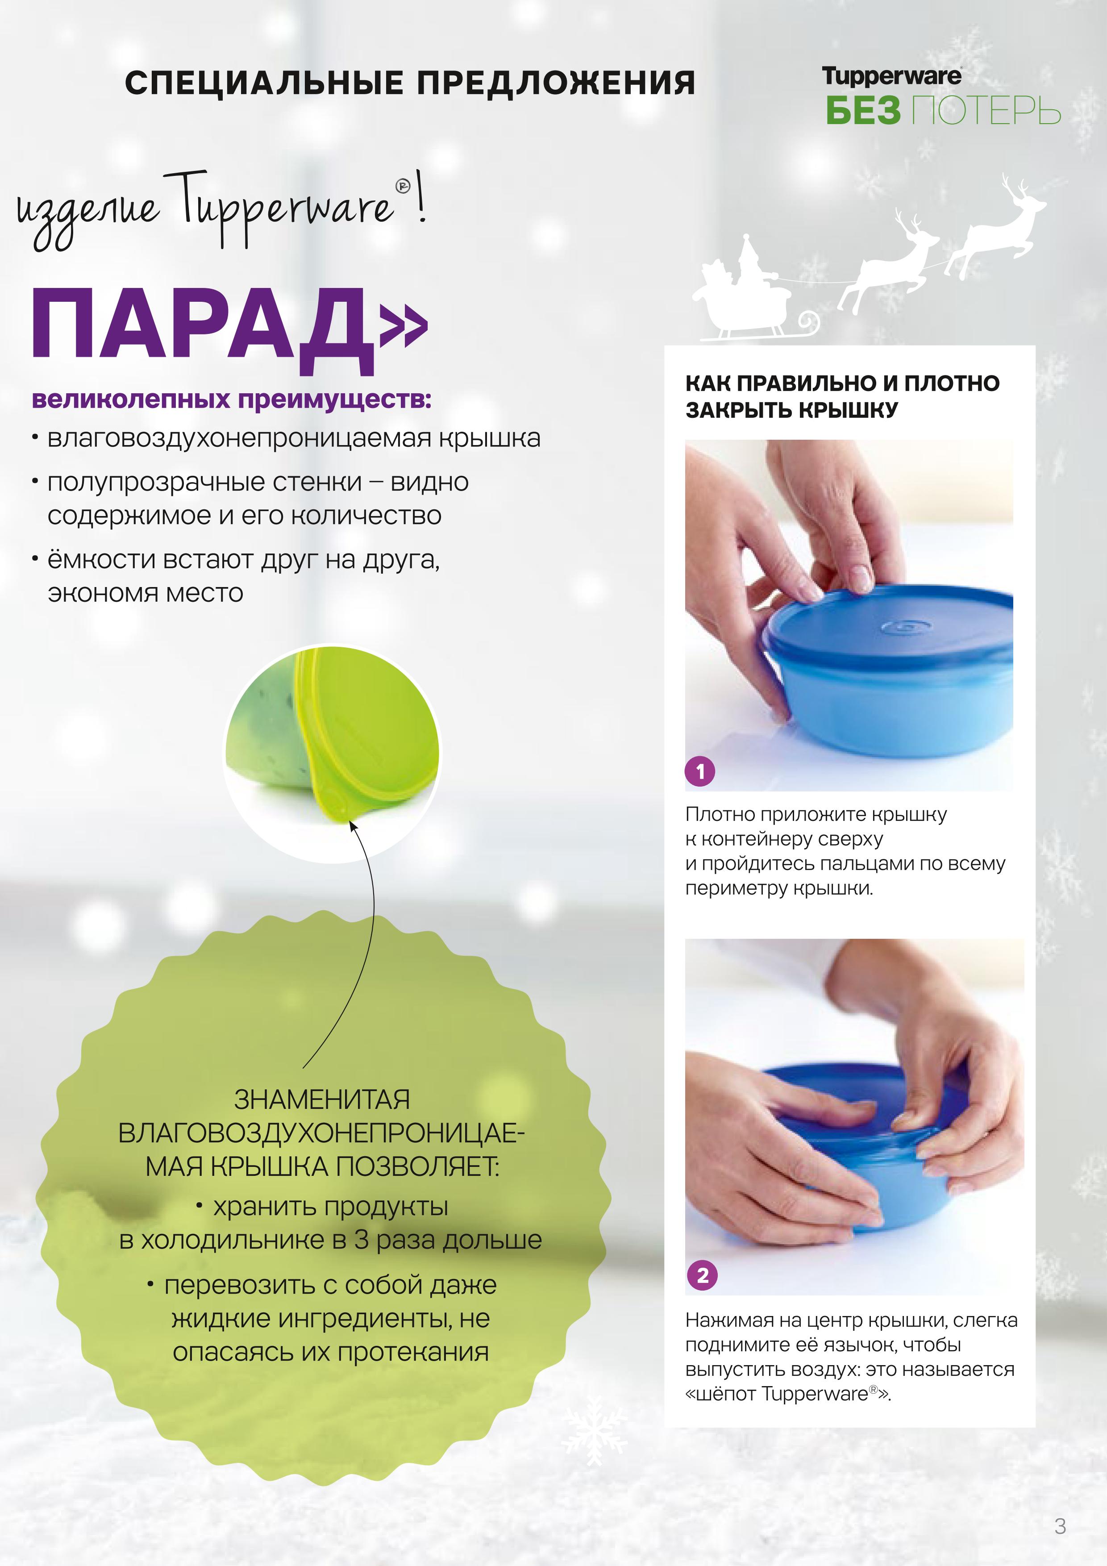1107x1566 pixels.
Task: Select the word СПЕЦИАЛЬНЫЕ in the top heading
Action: click(264, 83)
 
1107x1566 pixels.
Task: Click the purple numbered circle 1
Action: click(700, 771)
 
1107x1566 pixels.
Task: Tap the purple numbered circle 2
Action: click(703, 1275)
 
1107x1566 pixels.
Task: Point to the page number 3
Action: click(1060, 1526)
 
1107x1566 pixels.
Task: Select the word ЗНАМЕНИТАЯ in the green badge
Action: click(322, 1100)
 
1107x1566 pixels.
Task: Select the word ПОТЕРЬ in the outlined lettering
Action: click(986, 111)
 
